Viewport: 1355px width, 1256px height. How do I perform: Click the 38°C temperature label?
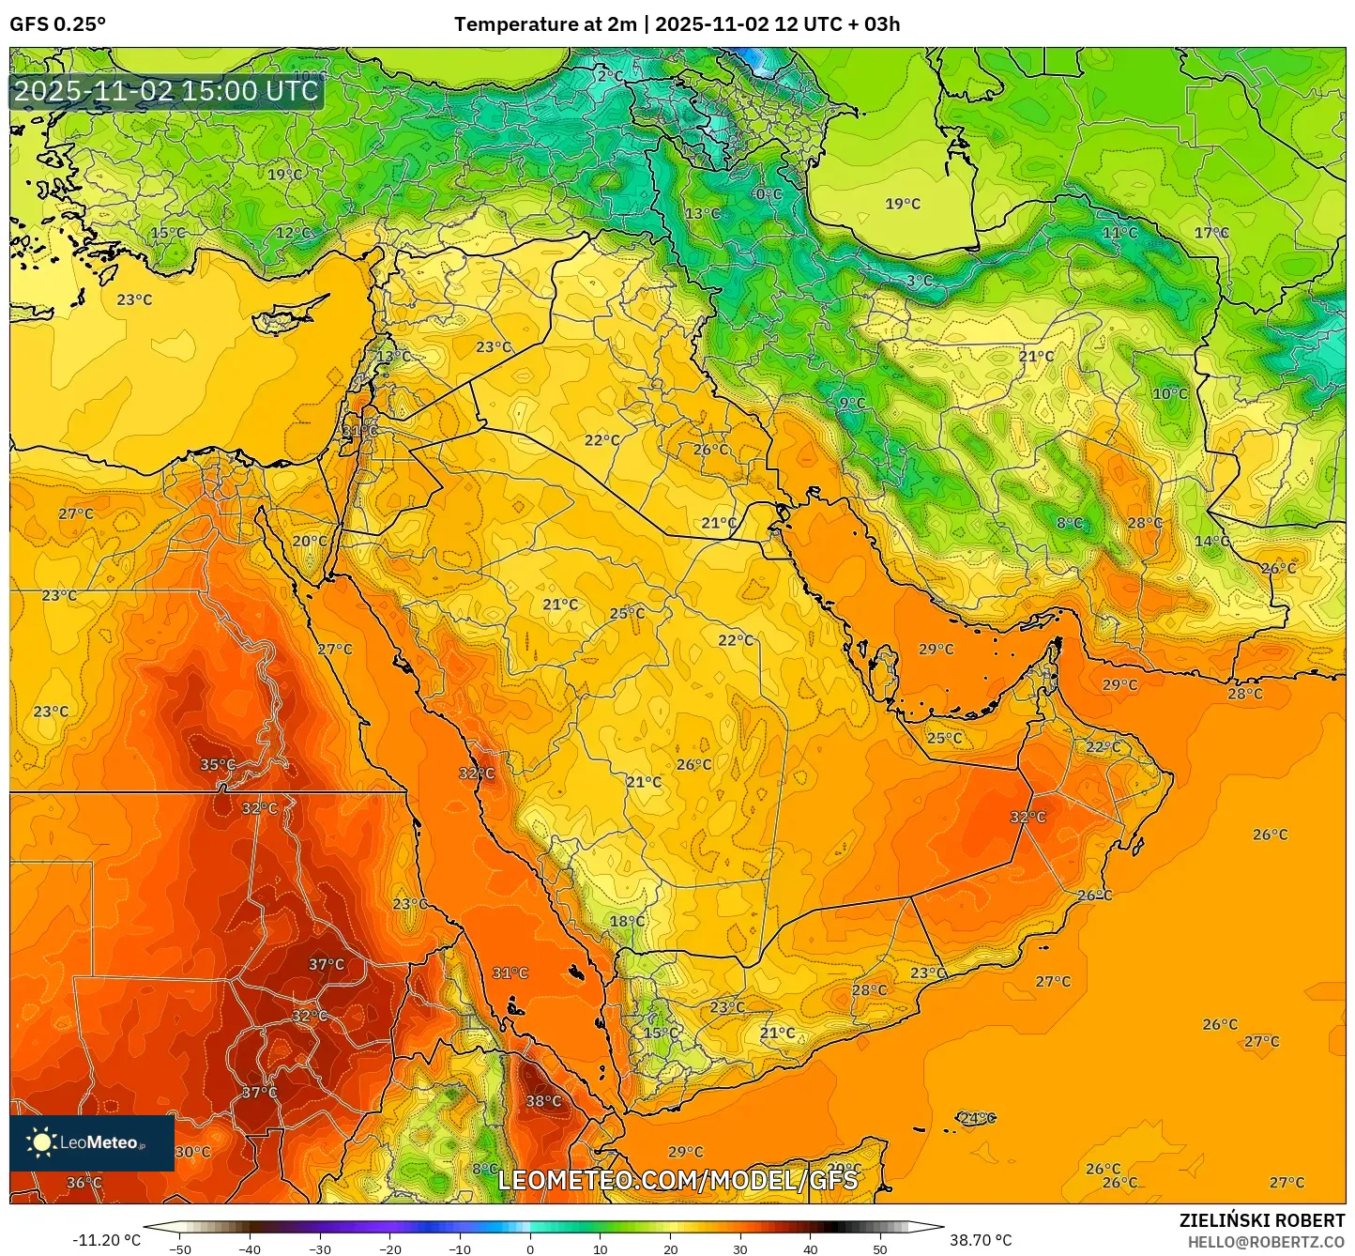543,1101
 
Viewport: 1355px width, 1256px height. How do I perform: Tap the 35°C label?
218,765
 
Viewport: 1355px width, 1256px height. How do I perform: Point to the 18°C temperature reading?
627,922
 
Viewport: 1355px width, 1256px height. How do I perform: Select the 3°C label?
919,281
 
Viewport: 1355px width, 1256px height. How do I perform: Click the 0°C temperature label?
767,194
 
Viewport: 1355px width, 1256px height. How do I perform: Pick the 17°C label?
1210,233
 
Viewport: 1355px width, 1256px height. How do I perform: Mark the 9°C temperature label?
852,404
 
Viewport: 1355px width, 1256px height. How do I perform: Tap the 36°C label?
84,1183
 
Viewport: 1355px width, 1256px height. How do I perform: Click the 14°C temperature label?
1211,542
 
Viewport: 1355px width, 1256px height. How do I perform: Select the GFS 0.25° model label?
57,24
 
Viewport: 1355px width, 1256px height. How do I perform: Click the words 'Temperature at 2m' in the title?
545,24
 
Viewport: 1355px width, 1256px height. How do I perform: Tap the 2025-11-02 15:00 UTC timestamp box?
166,91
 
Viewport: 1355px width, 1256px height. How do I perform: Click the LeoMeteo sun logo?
41,1142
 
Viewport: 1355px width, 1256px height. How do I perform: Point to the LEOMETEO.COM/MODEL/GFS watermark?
677,1180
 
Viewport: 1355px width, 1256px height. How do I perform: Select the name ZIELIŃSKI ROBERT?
1261,1220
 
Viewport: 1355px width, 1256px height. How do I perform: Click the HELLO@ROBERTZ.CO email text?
1266,1242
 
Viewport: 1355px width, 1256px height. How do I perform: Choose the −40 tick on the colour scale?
250,1249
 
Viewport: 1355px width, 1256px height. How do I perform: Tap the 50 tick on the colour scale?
880,1249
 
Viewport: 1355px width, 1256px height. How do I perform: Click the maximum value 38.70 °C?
981,1240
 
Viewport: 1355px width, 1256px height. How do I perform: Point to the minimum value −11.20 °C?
106,1240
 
